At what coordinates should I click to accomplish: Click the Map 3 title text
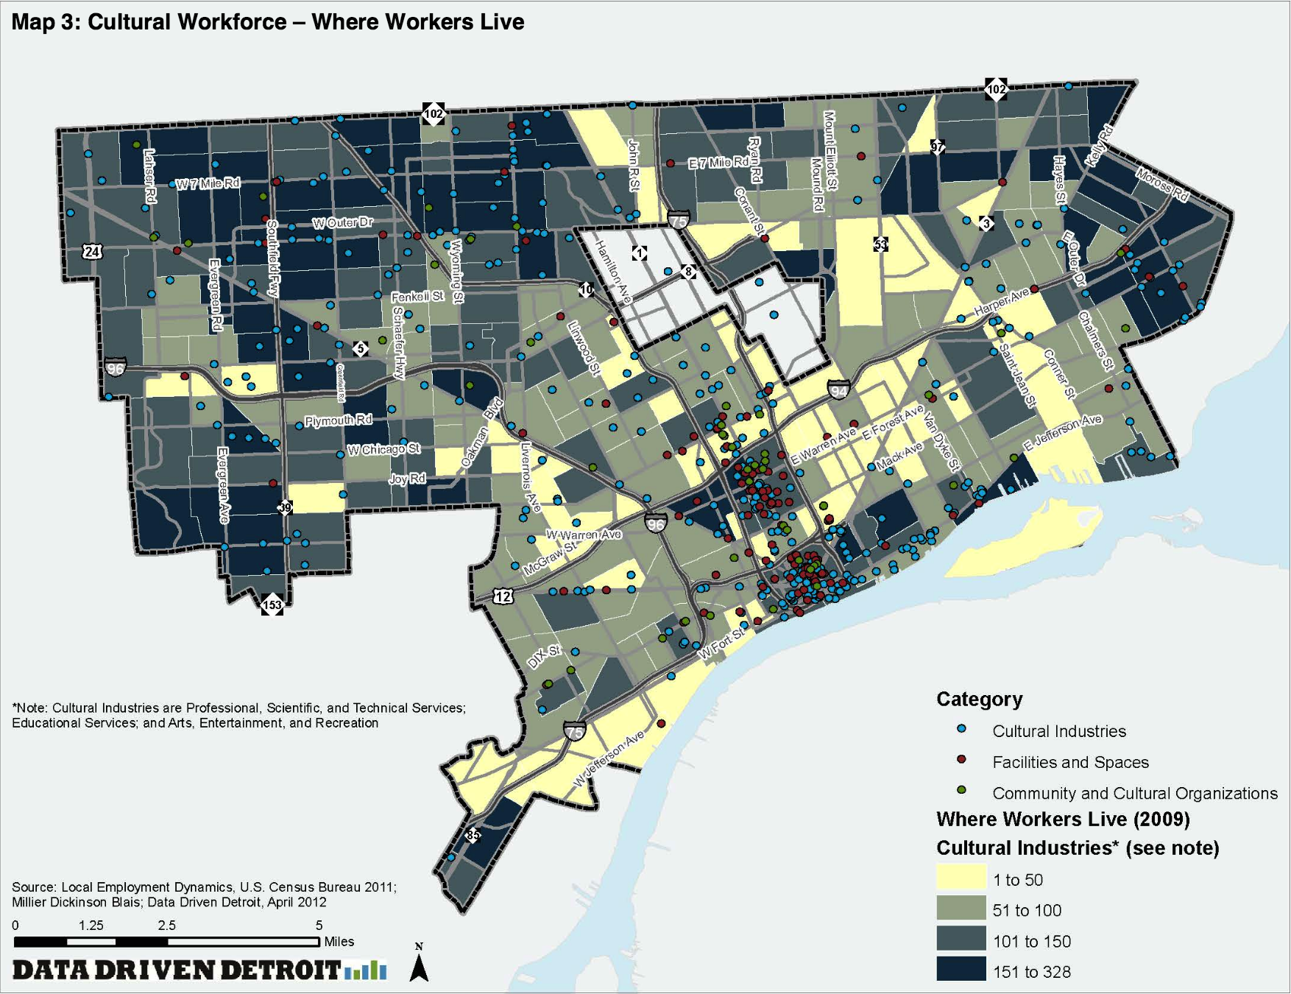(267, 21)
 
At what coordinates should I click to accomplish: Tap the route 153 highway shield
(272, 605)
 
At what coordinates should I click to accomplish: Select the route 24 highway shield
(92, 252)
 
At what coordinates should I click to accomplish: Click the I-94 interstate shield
(838, 390)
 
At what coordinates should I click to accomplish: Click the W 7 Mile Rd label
(208, 183)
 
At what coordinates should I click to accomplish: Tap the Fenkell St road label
(417, 296)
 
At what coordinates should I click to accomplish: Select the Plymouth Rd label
(338, 420)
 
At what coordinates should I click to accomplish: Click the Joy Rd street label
(407, 479)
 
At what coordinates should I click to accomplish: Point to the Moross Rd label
(1161, 185)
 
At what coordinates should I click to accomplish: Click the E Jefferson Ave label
(1063, 432)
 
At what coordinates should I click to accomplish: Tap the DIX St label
(544, 656)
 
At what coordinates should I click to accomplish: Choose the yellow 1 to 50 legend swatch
(961, 879)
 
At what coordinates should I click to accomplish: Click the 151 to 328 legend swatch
(961, 970)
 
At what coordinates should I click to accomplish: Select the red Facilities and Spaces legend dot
(961, 759)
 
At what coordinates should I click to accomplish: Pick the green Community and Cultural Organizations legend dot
(961, 790)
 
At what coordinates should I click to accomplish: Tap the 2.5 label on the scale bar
(166, 926)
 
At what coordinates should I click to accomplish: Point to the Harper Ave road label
(1002, 303)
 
